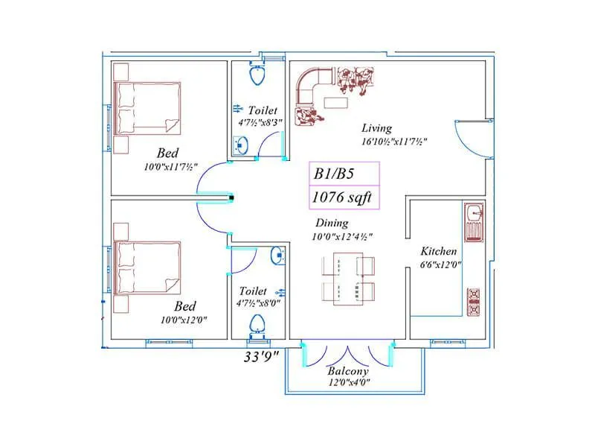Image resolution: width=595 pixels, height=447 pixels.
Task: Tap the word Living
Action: [x=376, y=128]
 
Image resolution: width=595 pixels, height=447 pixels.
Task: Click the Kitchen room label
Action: [x=438, y=251]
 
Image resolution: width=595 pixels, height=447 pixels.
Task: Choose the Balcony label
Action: [x=347, y=371]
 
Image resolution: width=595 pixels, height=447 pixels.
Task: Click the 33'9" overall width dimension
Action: [x=261, y=356]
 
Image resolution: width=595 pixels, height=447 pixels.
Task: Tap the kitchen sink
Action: [x=473, y=223]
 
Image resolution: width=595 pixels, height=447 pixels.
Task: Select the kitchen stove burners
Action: [x=473, y=302]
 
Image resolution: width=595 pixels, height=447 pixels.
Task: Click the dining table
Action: [x=346, y=277]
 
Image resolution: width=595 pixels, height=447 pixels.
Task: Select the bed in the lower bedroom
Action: [x=147, y=266]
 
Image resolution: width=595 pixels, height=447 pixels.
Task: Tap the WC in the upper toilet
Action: [x=257, y=74]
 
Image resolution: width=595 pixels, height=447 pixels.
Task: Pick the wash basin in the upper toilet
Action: [x=241, y=144]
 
